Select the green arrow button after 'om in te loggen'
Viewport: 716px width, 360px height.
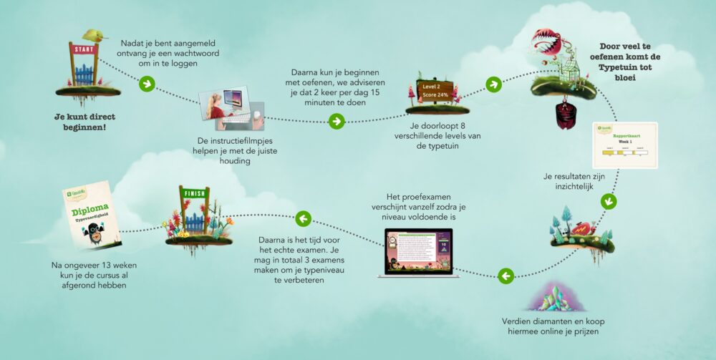(146, 84)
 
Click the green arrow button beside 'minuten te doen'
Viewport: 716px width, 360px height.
(336, 121)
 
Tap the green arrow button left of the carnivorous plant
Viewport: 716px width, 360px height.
(493, 84)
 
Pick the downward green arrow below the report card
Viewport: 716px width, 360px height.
(608, 201)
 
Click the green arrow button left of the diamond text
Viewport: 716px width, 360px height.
(505, 275)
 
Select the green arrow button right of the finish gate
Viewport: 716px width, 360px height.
(303, 218)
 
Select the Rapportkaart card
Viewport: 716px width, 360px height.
(624, 145)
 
